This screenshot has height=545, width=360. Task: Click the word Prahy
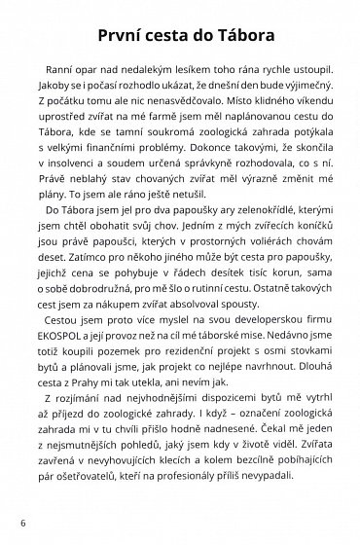[97, 361]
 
